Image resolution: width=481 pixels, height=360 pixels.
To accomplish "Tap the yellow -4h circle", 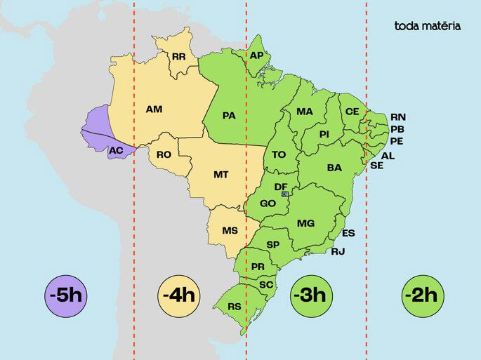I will click(x=178, y=295).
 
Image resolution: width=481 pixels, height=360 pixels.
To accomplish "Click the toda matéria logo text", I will click(x=428, y=26).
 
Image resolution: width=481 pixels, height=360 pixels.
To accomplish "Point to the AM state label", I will click(x=154, y=109).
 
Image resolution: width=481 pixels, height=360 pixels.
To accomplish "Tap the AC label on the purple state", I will click(x=116, y=150).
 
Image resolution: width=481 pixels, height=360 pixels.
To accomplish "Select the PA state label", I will click(x=229, y=115).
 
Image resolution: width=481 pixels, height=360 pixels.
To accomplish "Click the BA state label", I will click(x=334, y=168).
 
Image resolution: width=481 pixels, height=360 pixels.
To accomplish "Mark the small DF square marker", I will click(x=284, y=194).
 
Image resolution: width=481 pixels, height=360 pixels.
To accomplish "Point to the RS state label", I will click(x=235, y=306).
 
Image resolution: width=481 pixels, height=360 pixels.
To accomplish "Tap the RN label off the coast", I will click(x=398, y=116).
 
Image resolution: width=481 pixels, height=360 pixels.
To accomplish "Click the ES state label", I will click(x=349, y=233).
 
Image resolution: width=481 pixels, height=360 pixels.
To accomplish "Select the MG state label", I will click(x=305, y=223).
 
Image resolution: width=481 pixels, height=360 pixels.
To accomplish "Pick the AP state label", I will click(x=256, y=55).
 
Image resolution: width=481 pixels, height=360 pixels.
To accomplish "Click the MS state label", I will click(x=230, y=230).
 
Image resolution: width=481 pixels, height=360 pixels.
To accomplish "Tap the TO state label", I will click(x=279, y=154).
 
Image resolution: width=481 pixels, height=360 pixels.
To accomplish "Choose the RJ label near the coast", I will click(x=338, y=251).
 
